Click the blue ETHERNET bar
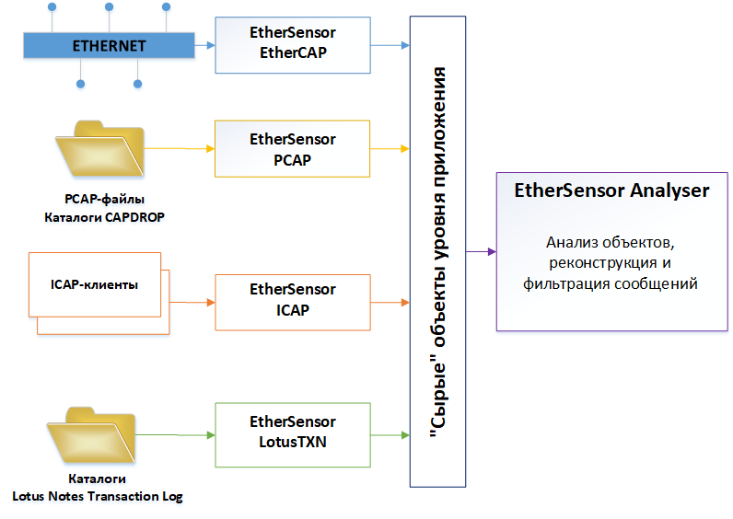coord(110,44)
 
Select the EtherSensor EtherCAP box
coord(292,43)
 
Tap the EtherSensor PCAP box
coord(292,148)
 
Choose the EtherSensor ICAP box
coord(292,300)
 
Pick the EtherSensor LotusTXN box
coord(292,432)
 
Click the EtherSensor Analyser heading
coord(611,191)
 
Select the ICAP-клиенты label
coord(89,284)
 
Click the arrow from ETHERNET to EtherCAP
coord(204,44)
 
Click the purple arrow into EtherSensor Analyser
coord(481,251)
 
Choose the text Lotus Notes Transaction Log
coord(98,497)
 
